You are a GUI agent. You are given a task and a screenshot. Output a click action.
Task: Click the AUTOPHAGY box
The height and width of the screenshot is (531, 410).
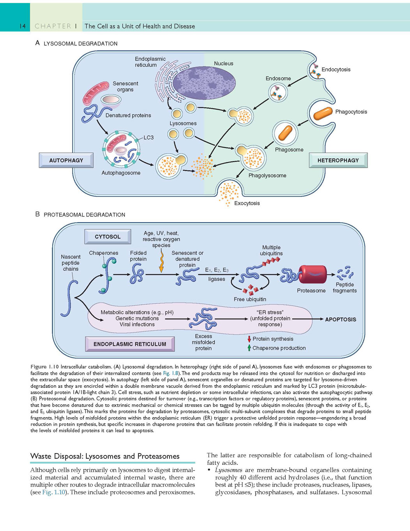(x=66, y=160)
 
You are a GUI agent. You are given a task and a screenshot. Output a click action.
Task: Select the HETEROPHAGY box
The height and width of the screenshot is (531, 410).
(x=338, y=160)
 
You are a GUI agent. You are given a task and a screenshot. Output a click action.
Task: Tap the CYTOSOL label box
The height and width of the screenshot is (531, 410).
(x=108, y=237)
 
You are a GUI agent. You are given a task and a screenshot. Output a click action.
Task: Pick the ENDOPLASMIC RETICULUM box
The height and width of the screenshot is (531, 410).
(x=130, y=344)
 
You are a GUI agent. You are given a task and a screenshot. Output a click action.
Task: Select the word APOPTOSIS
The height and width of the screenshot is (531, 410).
(x=340, y=319)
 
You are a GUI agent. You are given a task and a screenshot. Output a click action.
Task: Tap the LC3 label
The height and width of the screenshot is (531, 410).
(x=148, y=137)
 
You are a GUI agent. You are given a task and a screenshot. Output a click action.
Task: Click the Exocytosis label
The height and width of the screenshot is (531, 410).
(x=247, y=203)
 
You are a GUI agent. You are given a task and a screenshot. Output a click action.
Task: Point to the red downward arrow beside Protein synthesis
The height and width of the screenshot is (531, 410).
(x=249, y=339)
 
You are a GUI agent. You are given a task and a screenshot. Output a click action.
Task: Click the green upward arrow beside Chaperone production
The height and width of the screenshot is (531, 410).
(x=249, y=348)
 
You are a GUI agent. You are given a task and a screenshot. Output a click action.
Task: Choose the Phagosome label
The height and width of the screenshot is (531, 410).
(x=289, y=150)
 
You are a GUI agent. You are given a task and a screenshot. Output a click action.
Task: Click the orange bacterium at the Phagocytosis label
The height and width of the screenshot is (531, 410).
(x=323, y=113)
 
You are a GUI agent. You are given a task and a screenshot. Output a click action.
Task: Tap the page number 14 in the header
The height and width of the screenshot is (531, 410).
(x=23, y=26)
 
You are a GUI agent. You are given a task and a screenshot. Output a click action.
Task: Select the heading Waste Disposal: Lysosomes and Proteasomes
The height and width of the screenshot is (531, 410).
(x=105, y=456)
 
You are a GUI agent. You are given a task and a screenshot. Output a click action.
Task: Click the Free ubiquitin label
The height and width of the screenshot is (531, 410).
(x=250, y=299)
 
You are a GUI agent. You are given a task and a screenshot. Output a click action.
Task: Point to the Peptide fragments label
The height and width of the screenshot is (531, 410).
(x=345, y=288)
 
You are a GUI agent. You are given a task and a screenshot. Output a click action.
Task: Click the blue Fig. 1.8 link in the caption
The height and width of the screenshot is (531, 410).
(x=170, y=373)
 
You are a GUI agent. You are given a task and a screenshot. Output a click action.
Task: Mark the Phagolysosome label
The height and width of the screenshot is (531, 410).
(x=267, y=175)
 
